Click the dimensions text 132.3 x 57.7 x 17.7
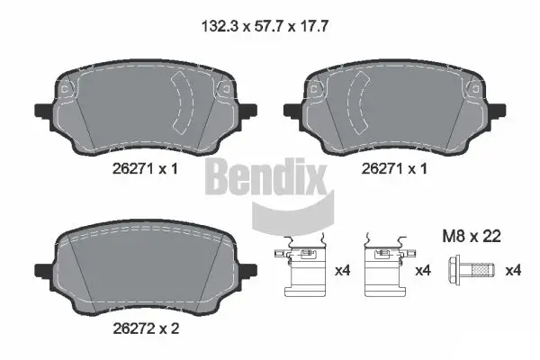[270, 26]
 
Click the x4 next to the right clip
[422, 270]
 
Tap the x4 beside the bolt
[513, 270]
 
